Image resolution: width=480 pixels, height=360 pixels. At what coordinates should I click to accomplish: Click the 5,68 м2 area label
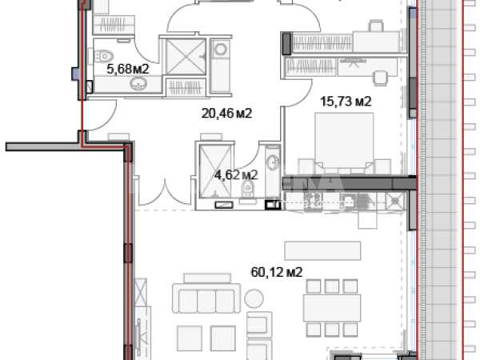[128, 69]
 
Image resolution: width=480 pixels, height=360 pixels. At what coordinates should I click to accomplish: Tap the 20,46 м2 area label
[226, 114]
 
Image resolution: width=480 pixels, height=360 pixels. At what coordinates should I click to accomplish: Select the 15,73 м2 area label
[346, 101]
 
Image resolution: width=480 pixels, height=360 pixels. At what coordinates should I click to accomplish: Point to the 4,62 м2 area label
[236, 175]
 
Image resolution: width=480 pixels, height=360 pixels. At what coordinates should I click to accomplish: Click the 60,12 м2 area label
[277, 272]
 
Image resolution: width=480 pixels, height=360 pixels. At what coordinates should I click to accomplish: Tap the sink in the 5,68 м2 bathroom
[138, 83]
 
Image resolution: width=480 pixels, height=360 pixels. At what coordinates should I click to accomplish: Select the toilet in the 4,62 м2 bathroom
[247, 189]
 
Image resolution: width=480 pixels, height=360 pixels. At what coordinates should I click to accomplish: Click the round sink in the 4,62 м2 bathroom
[273, 162]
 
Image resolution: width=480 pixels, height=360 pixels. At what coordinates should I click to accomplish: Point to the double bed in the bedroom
[344, 141]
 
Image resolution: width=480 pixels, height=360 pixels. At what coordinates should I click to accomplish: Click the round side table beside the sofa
[254, 298]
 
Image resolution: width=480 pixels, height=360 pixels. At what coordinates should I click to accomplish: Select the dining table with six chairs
[332, 308]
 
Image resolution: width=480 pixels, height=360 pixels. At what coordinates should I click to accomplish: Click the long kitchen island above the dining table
[322, 250]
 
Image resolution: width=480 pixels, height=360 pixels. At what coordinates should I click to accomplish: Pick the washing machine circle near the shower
[221, 50]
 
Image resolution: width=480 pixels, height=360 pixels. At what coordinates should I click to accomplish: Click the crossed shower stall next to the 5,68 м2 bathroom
[186, 57]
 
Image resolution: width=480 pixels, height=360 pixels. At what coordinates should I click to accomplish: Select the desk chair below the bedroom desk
[380, 78]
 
